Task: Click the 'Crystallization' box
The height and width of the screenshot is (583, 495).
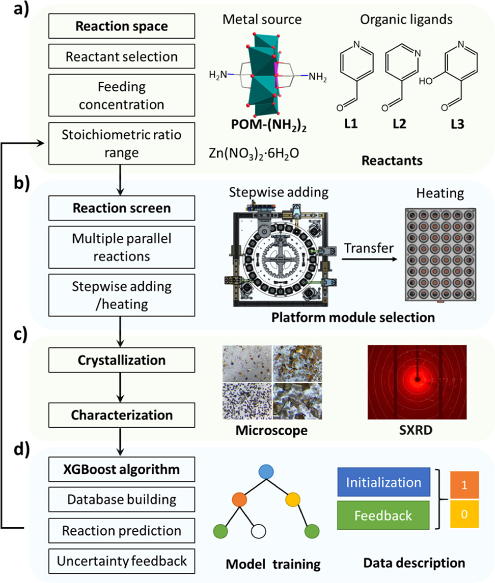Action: (x=122, y=360)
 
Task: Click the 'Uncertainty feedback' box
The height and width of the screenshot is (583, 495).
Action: (x=122, y=561)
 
